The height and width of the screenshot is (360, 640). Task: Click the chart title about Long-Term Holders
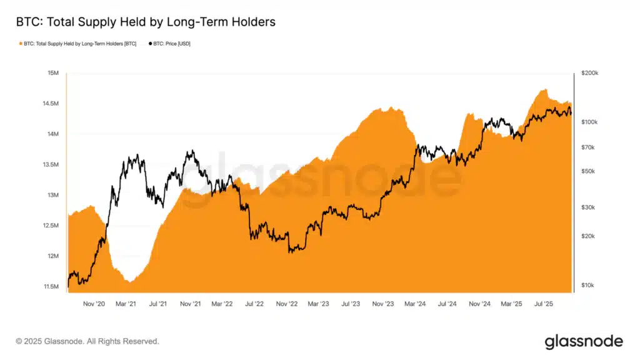click(146, 22)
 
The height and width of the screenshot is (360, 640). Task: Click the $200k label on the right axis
click(589, 73)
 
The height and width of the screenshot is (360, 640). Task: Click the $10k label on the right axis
click(588, 286)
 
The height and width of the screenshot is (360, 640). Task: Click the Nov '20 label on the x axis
click(94, 304)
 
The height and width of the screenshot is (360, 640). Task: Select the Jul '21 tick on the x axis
click(159, 304)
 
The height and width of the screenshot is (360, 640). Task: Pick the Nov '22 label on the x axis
click(287, 304)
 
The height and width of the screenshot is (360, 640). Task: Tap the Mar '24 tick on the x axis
click(415, 304)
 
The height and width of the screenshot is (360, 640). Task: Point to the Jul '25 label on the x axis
click(542, 304)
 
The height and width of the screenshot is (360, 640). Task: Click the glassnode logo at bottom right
click(584, 341)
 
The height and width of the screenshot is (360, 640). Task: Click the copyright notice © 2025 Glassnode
click(87, 341)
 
